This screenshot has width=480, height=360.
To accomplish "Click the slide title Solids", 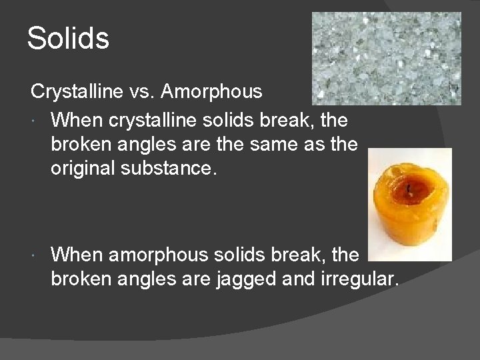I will pyautogui.click(x=68, y=38).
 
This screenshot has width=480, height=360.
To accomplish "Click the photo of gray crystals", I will pyautogui.click(x=386, y=59).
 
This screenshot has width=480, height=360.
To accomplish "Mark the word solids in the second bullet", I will pyautogui.click(x=259, y=255).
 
